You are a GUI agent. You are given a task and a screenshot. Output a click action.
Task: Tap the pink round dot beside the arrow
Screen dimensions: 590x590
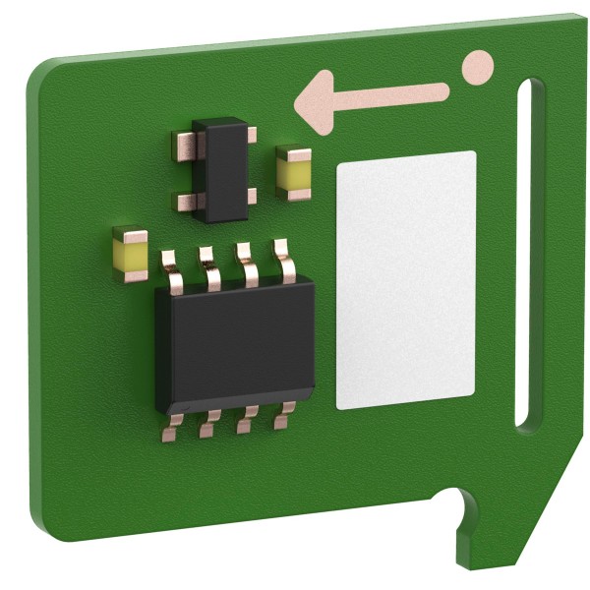coord(477,66)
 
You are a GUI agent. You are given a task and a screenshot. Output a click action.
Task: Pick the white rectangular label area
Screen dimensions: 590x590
coord(405,280)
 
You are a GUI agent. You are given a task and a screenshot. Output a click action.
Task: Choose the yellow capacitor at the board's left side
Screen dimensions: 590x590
coord(130,254)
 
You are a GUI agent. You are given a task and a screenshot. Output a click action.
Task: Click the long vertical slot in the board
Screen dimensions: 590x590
coord(531,256)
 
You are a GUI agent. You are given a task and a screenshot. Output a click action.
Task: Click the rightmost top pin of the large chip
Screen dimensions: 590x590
coord(285,261)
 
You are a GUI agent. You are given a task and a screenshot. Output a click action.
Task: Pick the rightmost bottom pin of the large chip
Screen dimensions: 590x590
coord(284,417)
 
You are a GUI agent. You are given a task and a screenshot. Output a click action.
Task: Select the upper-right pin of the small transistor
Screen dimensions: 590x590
coord(252,135)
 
